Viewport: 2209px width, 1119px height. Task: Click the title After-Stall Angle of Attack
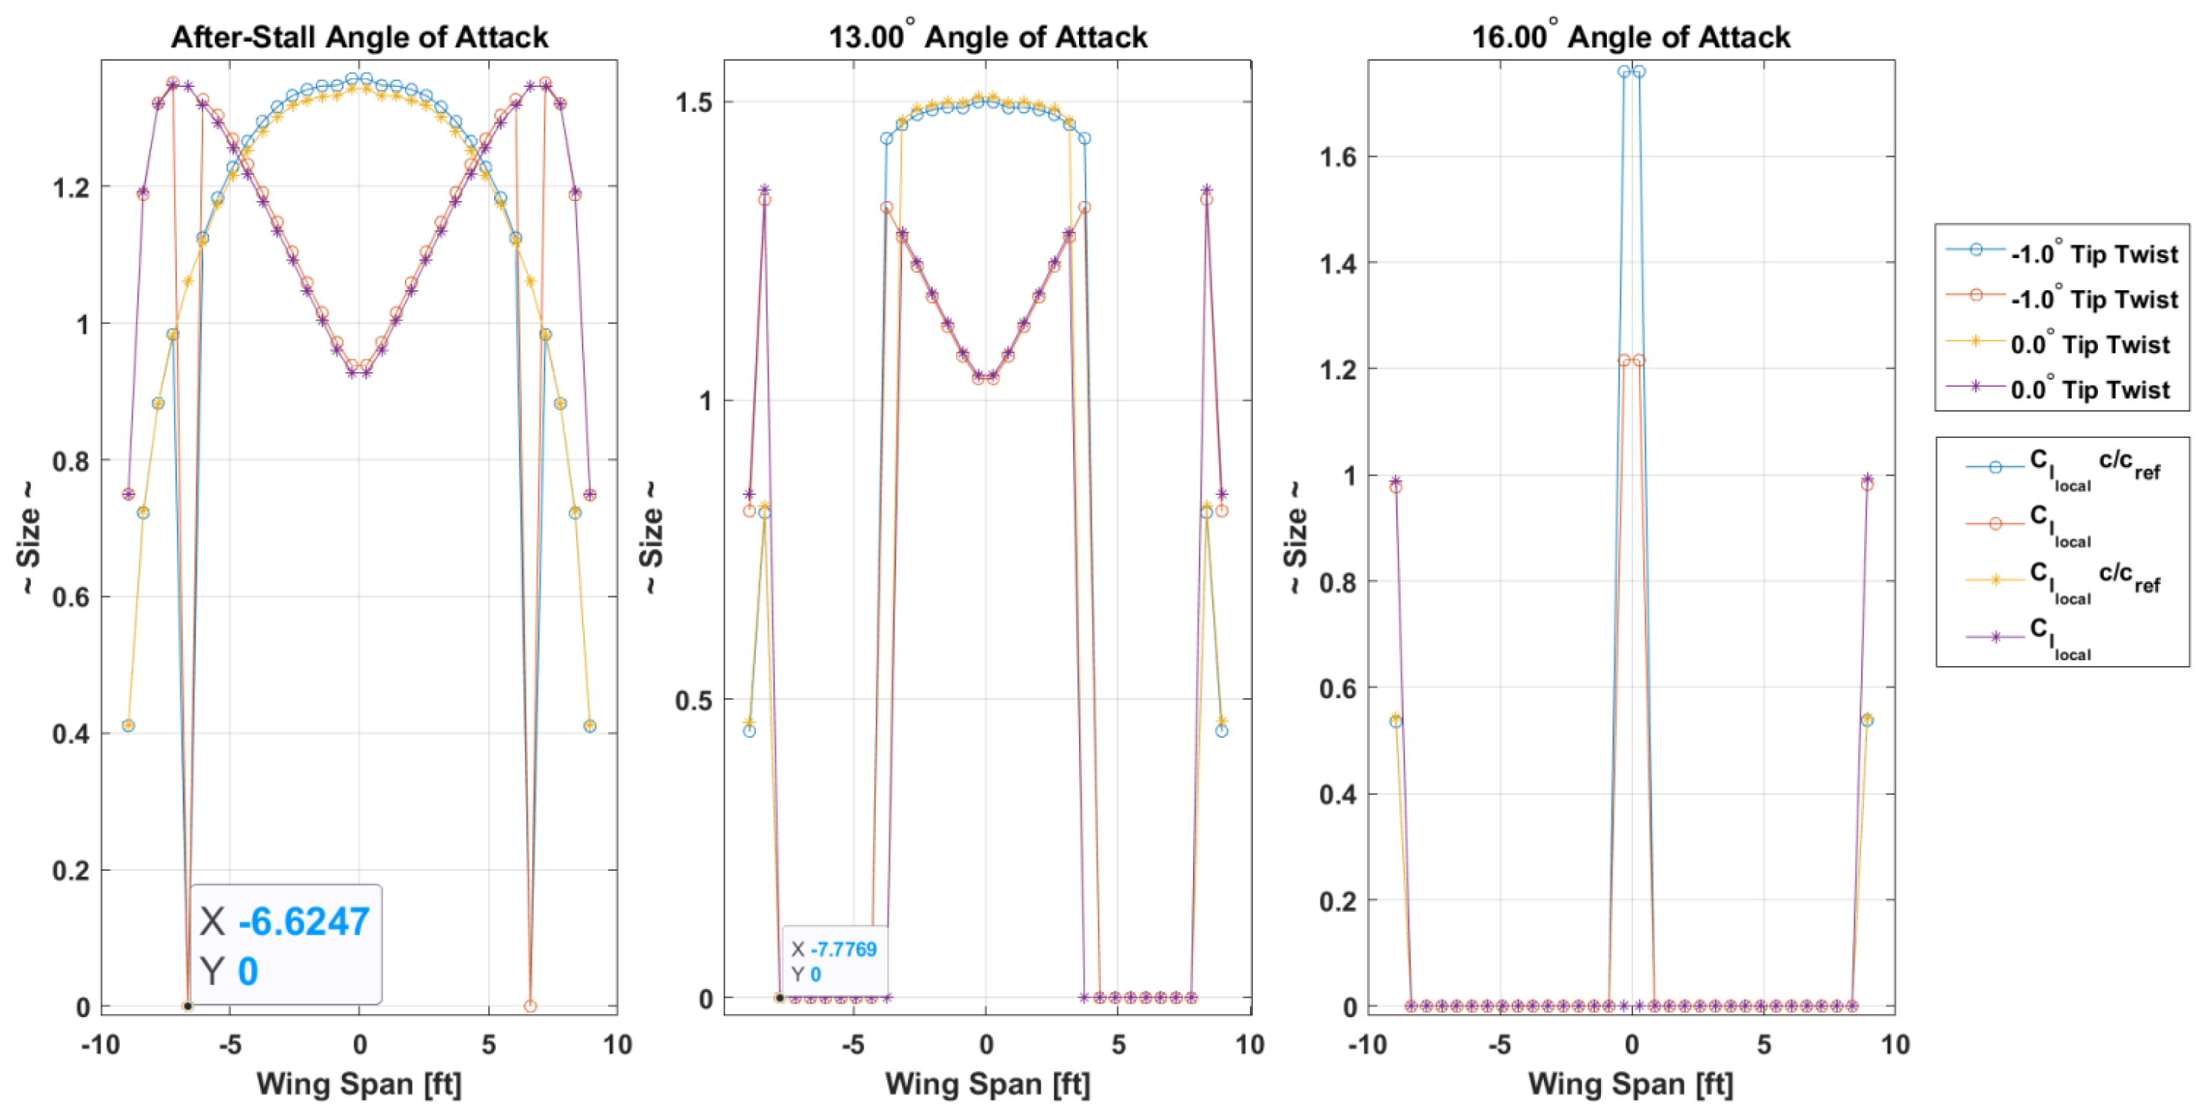[359, 37]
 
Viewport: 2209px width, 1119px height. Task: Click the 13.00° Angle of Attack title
[987, 37]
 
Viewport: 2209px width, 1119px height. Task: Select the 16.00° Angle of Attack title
[1630, 37]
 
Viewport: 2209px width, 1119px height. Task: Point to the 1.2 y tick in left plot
[71, 187]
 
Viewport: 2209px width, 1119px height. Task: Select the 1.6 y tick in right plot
[1338, 157]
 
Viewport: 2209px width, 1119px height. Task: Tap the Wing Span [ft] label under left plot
[358, 1084]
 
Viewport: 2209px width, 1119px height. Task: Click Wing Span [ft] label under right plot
[1630, 1084]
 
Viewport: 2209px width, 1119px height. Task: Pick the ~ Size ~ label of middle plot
[652, 538]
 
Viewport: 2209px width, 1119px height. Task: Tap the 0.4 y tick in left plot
[71, 734]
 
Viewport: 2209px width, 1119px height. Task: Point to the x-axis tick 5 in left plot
[488, 1045]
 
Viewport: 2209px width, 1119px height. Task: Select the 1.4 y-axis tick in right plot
[1338, 264]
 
